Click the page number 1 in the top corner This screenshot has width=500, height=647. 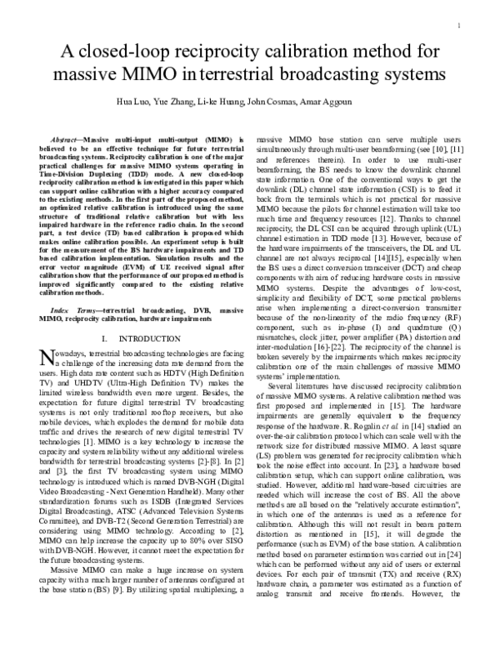(460, 25)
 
